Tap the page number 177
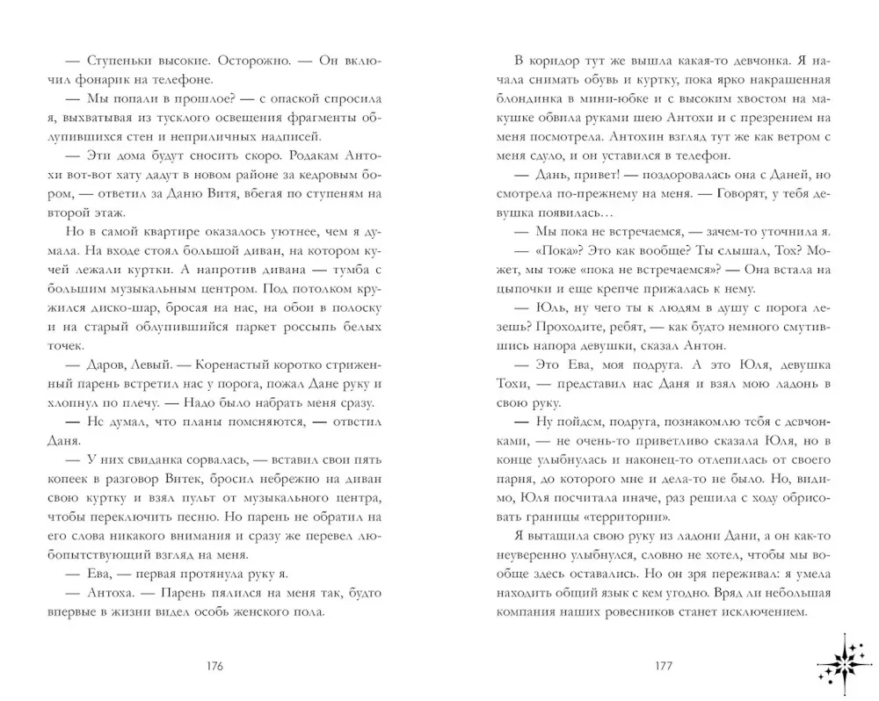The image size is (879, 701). (x=664, y=665)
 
